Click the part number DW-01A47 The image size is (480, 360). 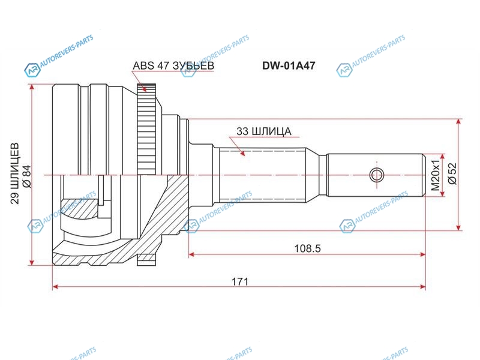point(289,65)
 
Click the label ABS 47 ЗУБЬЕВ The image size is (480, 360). point(173,65)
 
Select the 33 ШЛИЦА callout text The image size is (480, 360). point(263,131)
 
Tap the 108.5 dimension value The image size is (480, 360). point(307,248)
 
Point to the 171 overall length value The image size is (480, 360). point(239,281)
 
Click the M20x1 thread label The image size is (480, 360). point(436,175)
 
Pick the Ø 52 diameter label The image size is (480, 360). point(452,173)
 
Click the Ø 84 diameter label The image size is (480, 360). point(26,176)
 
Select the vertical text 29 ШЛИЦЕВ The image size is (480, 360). point(14,173)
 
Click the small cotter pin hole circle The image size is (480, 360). point(377,175)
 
